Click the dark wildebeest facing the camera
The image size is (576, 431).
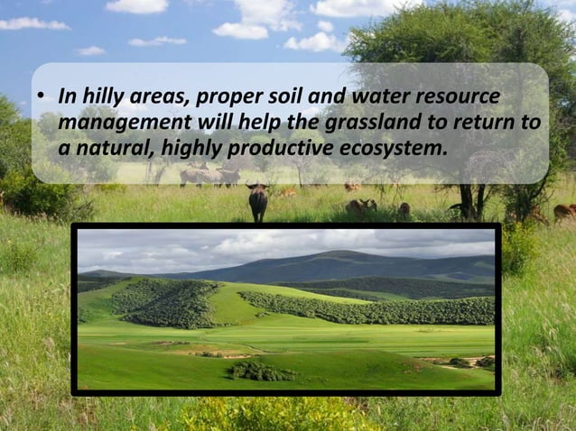pos(258,202)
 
